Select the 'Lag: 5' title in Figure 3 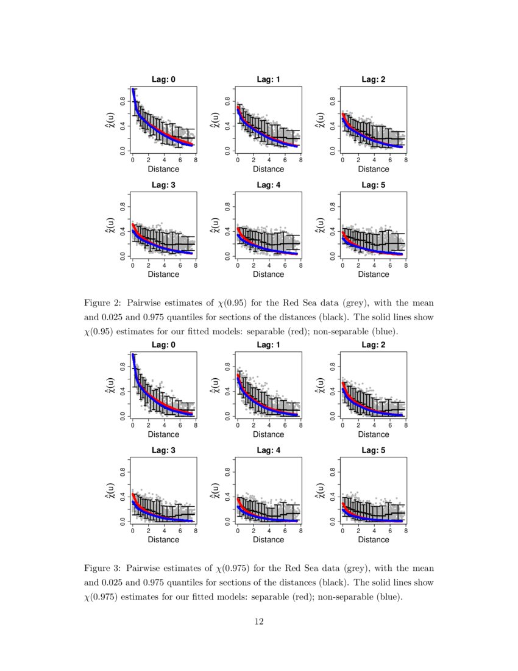click(x=373, y=450)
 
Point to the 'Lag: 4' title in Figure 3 click(x=268, y=450)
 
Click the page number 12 click(x=259, y=622)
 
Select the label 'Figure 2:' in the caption click(x=103, y=303)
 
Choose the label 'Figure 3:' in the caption click(x=103, y=568)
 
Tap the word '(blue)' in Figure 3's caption click(x=388, y=597)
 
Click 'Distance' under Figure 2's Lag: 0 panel click(x=163, y=169)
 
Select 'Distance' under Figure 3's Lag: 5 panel click(x=373, y=540)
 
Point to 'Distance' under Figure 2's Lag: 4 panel click(x=268, y=274)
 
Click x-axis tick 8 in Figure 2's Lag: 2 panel click(x=405, y=160)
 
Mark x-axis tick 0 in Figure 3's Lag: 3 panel click(x=133, y=531)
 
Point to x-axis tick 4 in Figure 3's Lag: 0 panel click(x=164, y=426)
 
